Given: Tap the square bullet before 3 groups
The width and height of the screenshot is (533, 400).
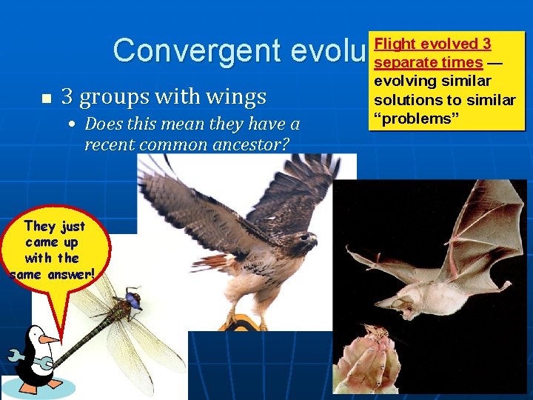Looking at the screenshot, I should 46,99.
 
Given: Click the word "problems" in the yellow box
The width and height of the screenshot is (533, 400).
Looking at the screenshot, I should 412,119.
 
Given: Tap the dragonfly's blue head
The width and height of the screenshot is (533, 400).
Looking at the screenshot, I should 133,299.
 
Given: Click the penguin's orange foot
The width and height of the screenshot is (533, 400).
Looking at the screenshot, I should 30,388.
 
